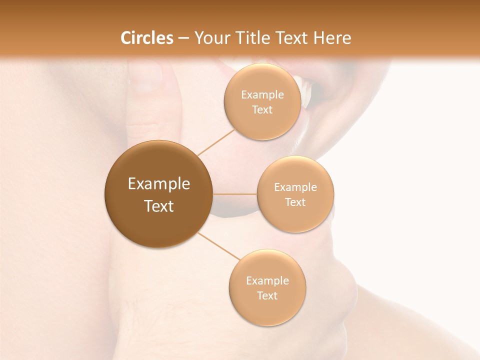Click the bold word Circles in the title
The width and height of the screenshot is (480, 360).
click(x=146, y=38)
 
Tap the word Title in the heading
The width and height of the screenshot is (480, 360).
click(x=248, y=38)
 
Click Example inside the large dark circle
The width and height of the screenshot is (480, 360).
click(x=159, y=184)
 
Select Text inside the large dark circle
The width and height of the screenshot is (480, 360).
click(x=159, y=206)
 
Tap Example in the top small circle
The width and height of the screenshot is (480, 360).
click(x=262, y=95)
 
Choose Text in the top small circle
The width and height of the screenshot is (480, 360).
click(x=262, y=110)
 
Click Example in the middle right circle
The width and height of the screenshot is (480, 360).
click(x=295, y=187)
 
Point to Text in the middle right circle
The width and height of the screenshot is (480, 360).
click(x=295, y=202)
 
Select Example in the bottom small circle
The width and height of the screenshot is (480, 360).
click(x=267, y=281)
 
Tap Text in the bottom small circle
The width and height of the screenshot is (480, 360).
click(x=267, y=296)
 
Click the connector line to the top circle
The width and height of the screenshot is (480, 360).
click(x=216, y=141)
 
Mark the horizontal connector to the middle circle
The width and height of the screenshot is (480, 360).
click(x=234, y=194)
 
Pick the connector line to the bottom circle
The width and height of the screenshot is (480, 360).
click(x=219, y=246)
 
